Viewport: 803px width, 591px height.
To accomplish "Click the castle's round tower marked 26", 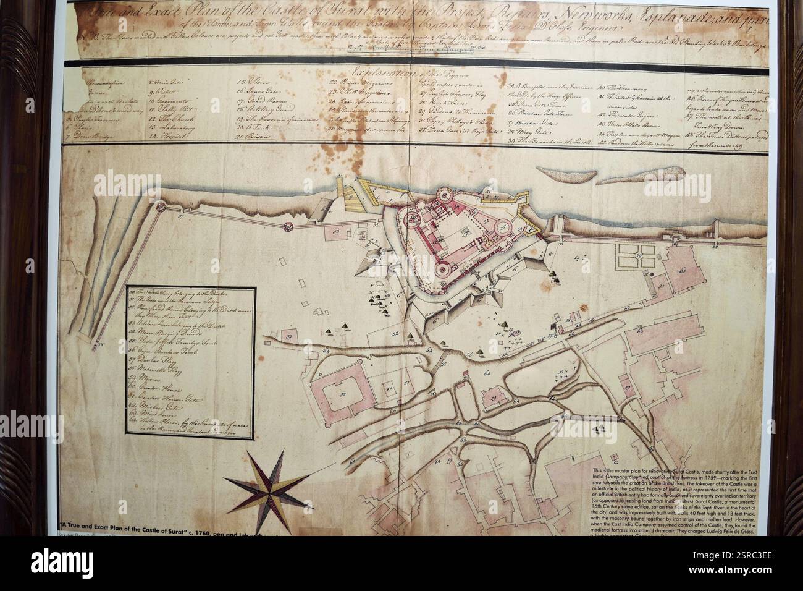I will pyautogui.click(x=444, y=196).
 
